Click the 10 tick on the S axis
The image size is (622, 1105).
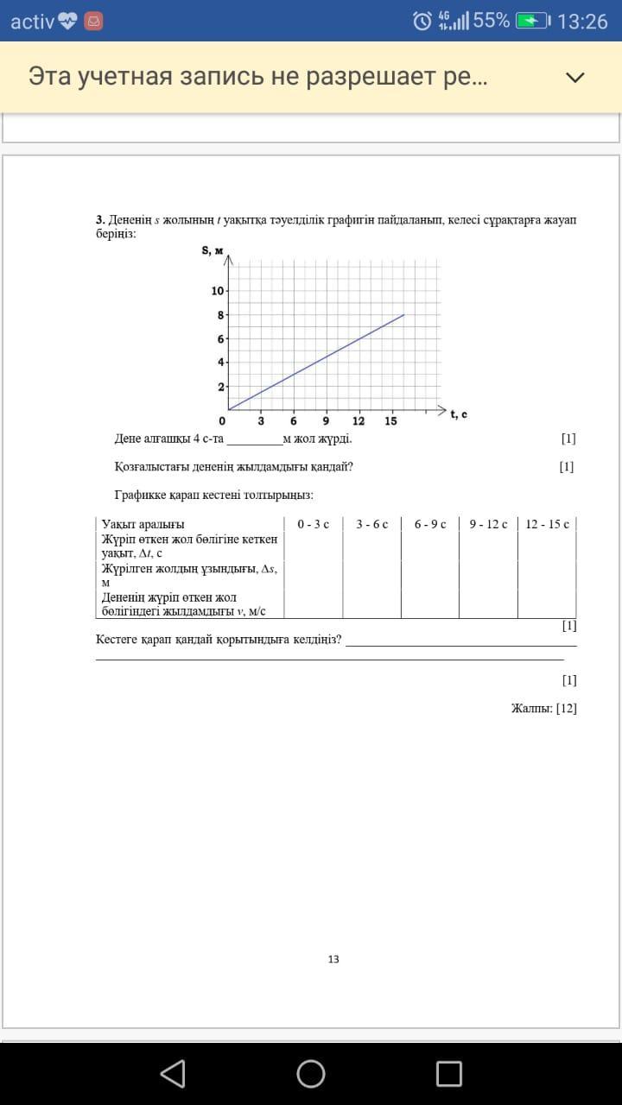coord(217,291)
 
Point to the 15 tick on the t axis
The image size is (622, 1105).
coord(390,421)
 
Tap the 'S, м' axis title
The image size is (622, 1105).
coord(213,251)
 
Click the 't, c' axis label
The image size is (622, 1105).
coord(459,414)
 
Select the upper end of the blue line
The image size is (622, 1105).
coord(403,315)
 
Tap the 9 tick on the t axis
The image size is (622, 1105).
coord(326,421)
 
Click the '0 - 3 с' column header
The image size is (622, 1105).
coord(313,524)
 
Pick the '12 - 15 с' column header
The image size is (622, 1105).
coord(547,524)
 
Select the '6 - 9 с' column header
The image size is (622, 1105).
coord(430,524)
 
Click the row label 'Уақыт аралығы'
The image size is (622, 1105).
coord(143,524)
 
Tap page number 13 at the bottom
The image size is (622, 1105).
coord(333,959)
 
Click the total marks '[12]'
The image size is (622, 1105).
coord(567,709)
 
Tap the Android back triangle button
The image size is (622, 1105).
coord(173,1073)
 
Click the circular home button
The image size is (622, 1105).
coord(311,1073)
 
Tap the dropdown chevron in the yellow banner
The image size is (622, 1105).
coord(574,77)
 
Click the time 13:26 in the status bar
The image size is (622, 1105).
coord(583,21)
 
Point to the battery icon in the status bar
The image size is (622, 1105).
coord(532,21)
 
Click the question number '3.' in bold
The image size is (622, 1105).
coord(100,220)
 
